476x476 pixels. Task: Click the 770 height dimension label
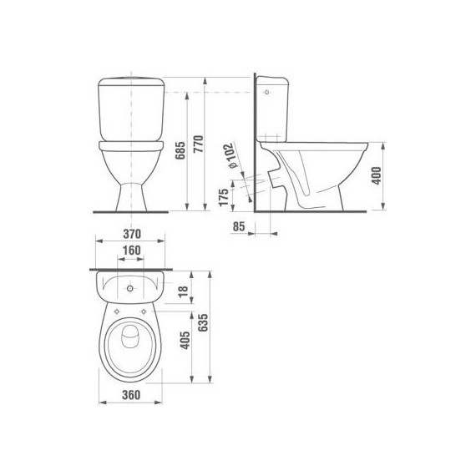[x=198, y=144]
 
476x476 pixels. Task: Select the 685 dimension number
[x=180, y=150]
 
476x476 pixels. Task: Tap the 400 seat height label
[x=377, y=175]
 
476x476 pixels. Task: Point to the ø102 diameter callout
[x=232, y=155]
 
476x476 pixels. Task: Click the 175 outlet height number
[x=224, y=198]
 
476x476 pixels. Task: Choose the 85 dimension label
[x=239, y=226]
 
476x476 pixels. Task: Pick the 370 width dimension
[x=132, y=234]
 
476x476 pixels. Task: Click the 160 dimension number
[x=132, y=251]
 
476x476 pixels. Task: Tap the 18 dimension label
[x=183, y=291]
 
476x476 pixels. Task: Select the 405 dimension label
[x=185, y=340]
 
